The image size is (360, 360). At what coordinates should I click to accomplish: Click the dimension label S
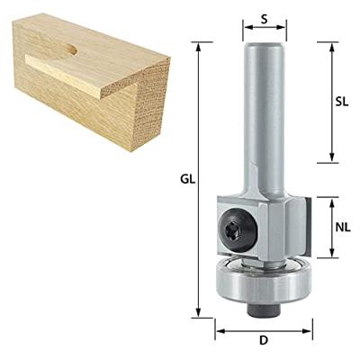tap(264, 19)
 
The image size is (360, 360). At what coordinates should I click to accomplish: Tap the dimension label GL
tap(188, 179)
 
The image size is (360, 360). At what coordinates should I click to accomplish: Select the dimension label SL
tap(342, 103)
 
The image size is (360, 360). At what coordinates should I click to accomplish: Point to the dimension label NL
tap(343, 228)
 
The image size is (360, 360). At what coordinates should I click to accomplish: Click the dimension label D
tap(264, 340)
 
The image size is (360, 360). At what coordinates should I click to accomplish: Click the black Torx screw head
tap(238, 230)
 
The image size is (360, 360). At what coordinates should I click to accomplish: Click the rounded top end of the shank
tap(264, 45)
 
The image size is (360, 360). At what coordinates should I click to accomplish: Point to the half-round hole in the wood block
tap(70, 49)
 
